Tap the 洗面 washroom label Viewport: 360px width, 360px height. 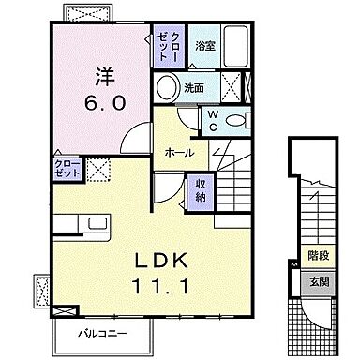click(x=193, y=88)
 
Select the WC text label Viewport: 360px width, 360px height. click(x=213, y=119)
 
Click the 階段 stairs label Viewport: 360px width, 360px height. click(x=318, y=253)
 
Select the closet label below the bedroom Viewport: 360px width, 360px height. click(x=67, y=169)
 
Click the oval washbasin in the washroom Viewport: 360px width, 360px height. click(x=167, y=88)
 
